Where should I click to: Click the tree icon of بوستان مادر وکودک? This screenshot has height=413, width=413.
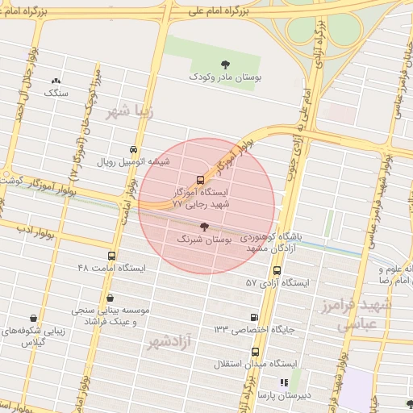pos(223,65)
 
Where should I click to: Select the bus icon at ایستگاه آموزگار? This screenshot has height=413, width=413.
pos(200,180)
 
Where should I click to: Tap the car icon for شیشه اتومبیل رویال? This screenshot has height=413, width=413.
pos(133,149)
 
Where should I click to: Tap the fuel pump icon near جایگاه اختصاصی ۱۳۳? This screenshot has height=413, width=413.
pos(256,318)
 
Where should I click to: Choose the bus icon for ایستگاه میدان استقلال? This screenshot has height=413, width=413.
pos(256,352)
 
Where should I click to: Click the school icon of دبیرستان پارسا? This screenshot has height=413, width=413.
pos(283,382)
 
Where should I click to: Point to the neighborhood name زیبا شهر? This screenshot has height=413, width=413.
pos(128,112)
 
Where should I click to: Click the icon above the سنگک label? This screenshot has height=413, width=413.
pos(56,81)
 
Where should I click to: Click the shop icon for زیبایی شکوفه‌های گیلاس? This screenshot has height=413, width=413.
pos(33,319)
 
